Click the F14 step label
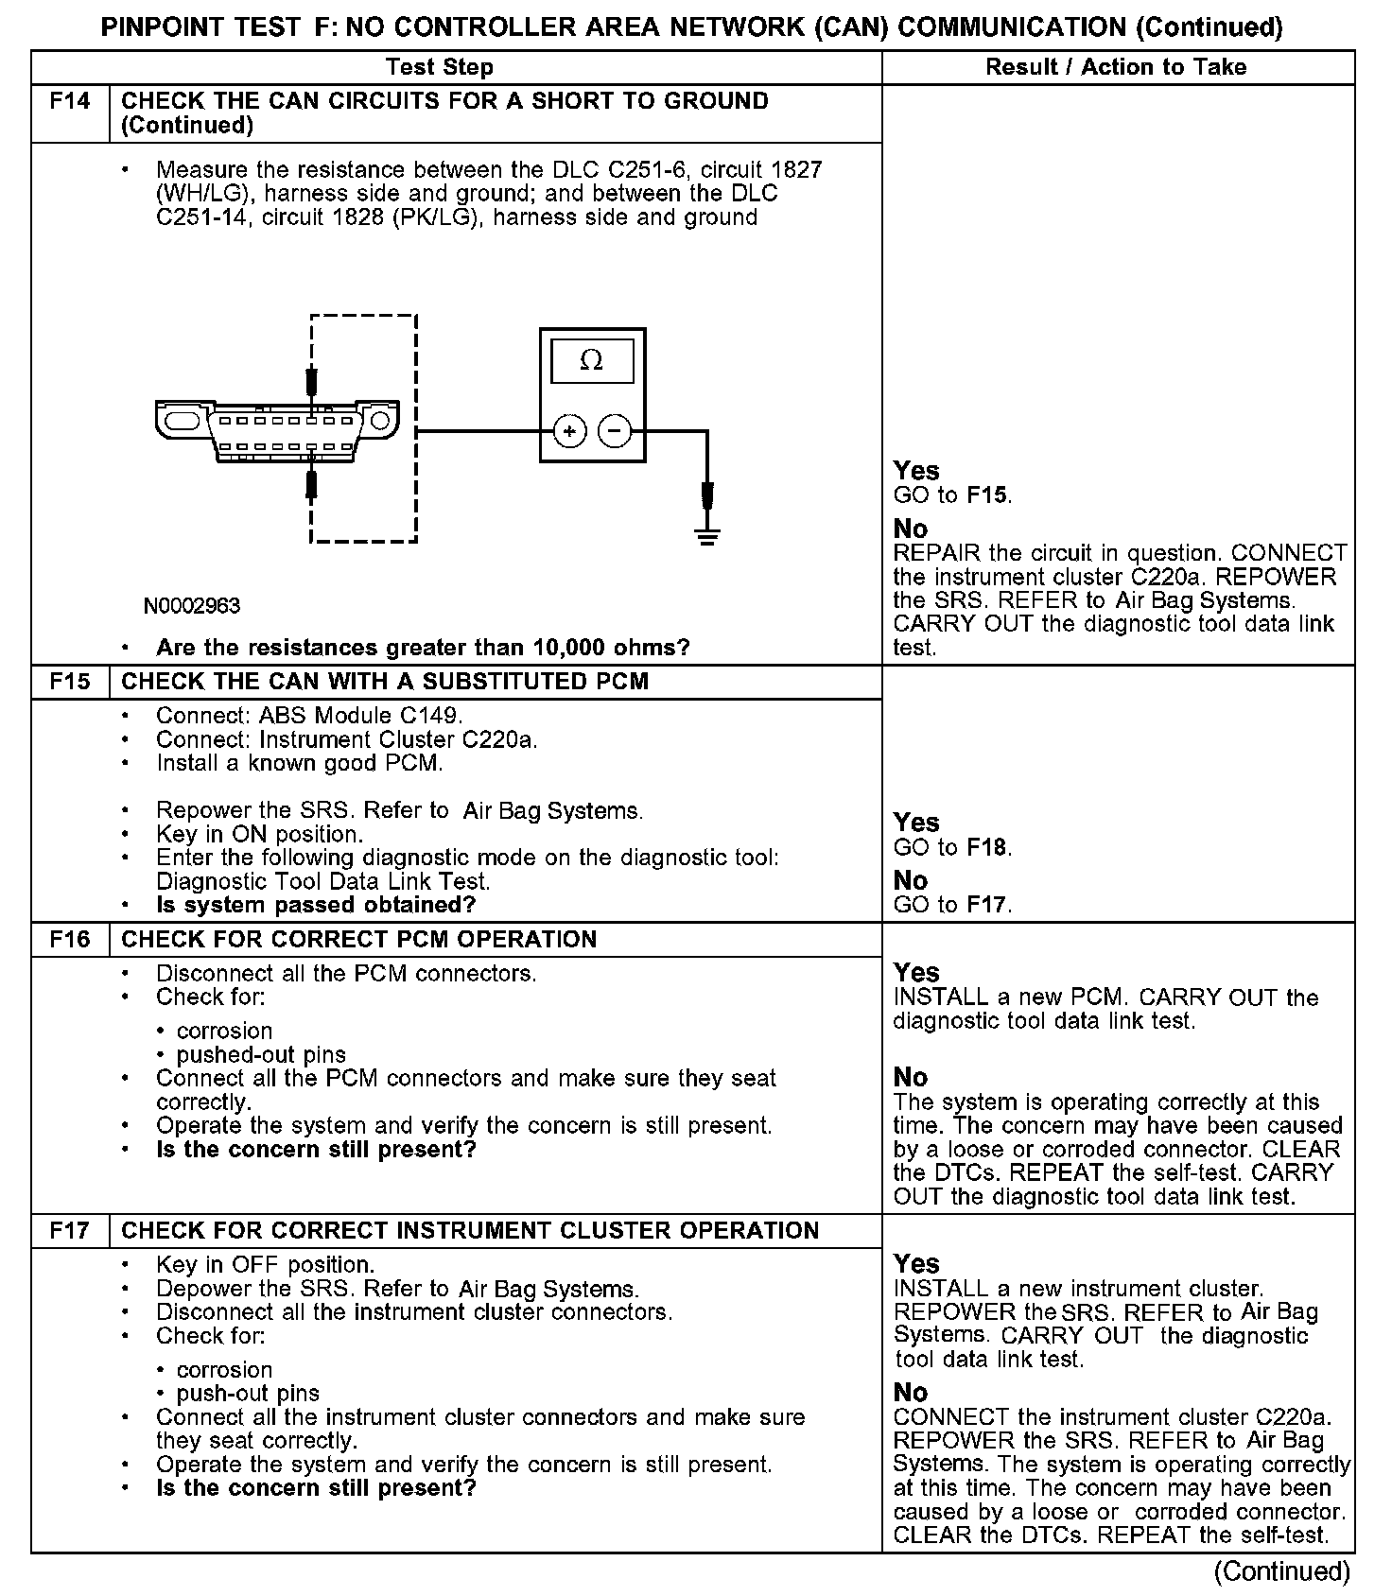(70, 101)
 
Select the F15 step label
(70, 682)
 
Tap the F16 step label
(70, 939)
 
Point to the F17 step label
(70, 1230)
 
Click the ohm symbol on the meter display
(592, 360)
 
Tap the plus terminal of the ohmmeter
(569, 432)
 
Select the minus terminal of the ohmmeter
(615, 432)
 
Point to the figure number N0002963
(192, 606)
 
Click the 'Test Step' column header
(440, 67)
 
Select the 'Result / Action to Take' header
(1116, 67)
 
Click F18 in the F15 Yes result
(986, 847)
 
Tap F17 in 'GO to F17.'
(986, 905)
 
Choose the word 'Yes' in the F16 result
(916, 973)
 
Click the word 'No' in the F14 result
(911, 529)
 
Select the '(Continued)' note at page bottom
(1282, 1571)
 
